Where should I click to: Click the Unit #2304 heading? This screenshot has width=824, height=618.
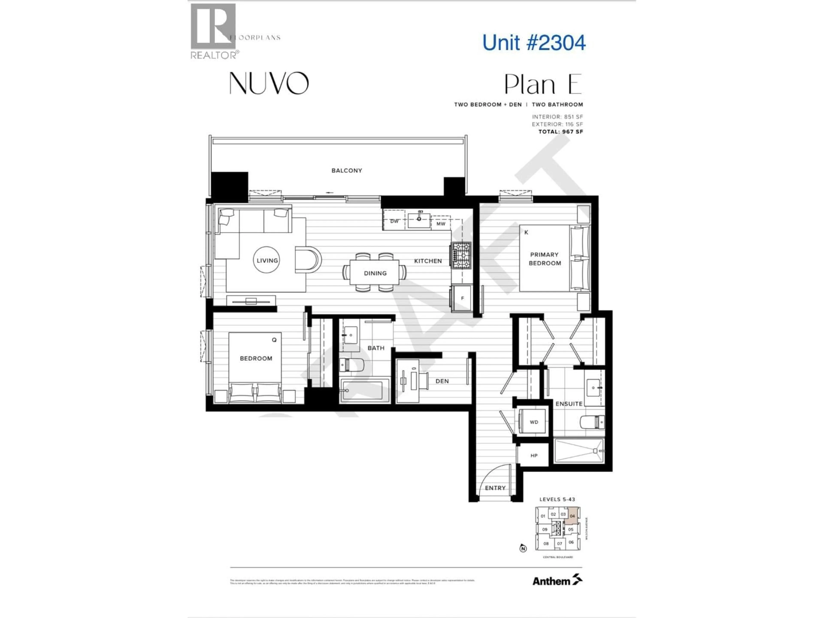[533, 43]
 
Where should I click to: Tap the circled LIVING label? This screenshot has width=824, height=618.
[267, 260]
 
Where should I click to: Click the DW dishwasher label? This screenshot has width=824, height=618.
[394, 221]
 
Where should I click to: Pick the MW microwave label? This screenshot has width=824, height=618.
[441, 224]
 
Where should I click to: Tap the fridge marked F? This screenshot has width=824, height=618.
[462, 298]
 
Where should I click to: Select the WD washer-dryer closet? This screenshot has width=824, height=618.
[533, 422]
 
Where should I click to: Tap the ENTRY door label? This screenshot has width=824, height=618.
[495, 488]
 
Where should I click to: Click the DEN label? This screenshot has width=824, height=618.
[442, 381]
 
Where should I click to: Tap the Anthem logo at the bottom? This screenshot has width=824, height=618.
[557, 581]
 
